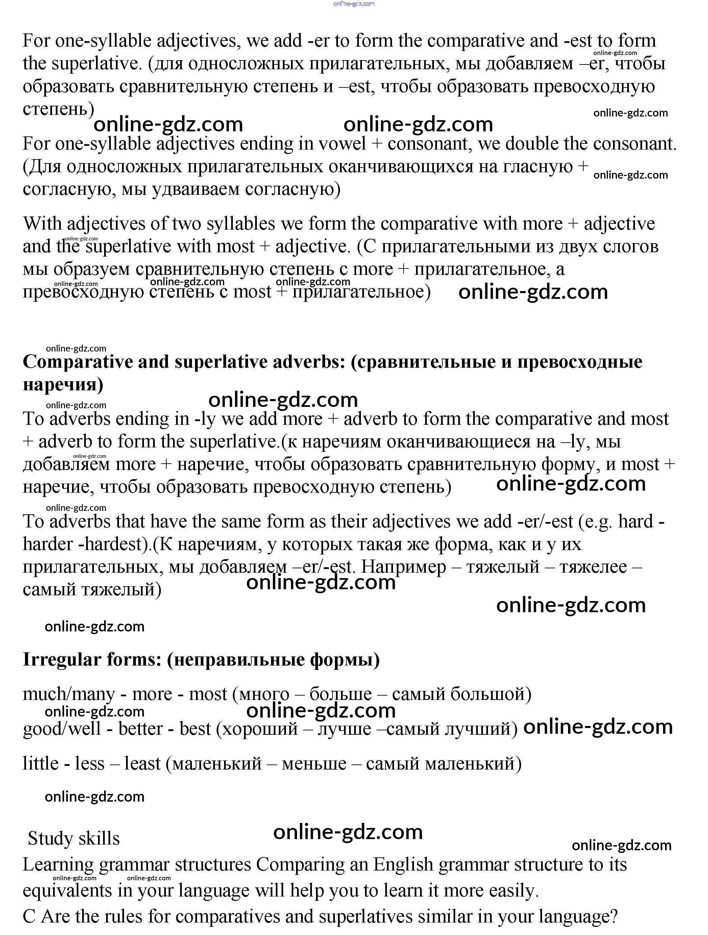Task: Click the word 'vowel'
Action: click(x=342, y=144)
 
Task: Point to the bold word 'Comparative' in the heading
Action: click(x=78, y=362)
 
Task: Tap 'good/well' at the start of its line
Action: click(x=62, y=729)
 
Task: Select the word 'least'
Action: click(x=142, y=764)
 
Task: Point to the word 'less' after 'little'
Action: click(x=90, y=764)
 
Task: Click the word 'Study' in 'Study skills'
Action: click(x=50, y=839)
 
